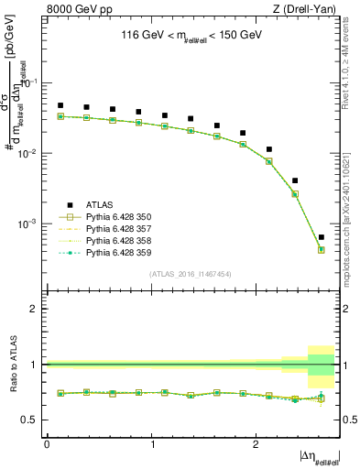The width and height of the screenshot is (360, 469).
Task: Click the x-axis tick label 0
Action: click(47, 443)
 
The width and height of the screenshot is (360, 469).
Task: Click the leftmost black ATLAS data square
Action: click(60, 105)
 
